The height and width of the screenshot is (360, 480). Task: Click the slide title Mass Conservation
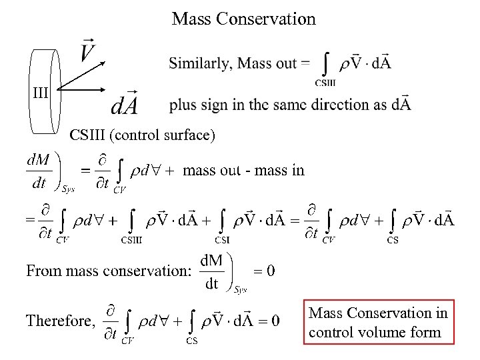(243, 19)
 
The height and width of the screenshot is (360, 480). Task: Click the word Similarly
(199, 64)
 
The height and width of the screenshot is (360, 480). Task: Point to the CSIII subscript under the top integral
(325, 83)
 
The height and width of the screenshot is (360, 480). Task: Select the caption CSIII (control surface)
(143, 135)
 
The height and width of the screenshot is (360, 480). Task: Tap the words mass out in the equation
(211, 170)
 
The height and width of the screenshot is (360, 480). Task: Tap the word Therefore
(58, 321)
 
